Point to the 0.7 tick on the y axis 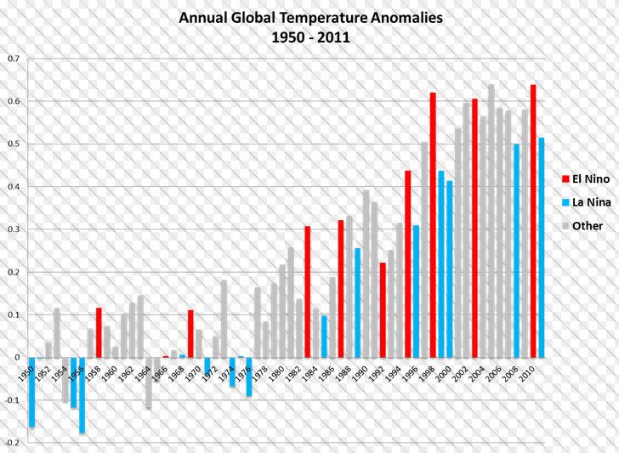(x=14, y=59)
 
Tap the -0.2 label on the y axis (x=12, y=443)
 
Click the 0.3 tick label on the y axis (x=14, y=229)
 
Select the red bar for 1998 (x=433, y=225)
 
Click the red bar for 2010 (x=532, y=221)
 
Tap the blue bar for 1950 (x=31, y=392)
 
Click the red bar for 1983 (x=308, y=292)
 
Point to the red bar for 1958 (x=99, y=332)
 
